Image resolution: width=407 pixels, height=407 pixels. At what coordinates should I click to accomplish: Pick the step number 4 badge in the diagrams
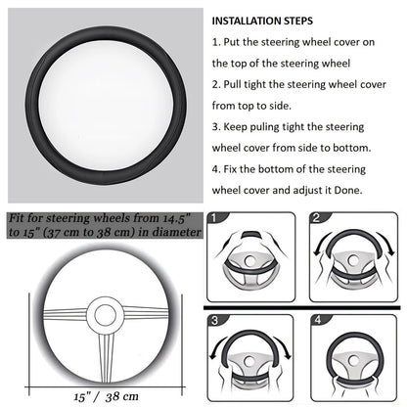[318, 320]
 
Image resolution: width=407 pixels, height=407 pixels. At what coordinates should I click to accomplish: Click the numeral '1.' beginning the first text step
[217, 45]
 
